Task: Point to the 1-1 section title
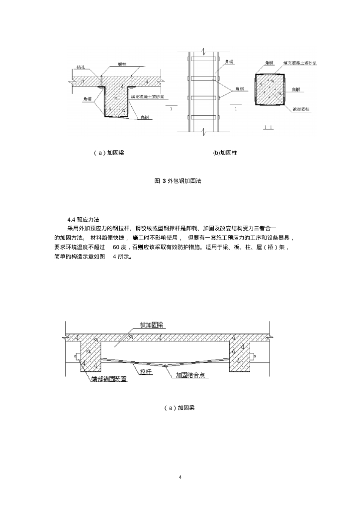click(x=268, y=128)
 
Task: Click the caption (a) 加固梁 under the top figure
click(x=108, y=153)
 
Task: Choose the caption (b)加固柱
click(x=225, y=153)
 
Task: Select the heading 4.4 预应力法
click(x=83, y=220)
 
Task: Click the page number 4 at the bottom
click(x=180, y=478)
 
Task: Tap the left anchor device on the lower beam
click(x=78, y=356)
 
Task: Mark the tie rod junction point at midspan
click(x=165, y=366)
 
